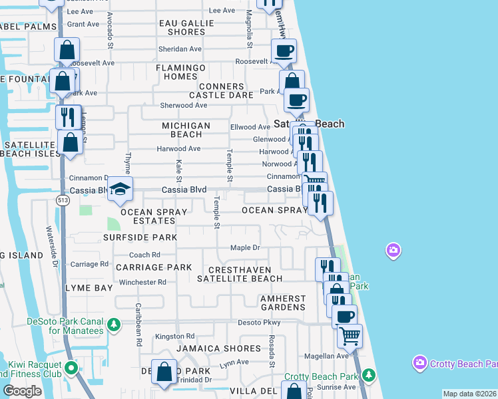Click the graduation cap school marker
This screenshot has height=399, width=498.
(120, 189)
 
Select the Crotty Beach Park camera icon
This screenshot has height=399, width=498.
(419, 363)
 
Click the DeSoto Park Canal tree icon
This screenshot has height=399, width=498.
(114, 325)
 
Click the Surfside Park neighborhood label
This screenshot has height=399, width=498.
(140, 237)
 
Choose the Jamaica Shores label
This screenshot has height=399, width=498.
(218, 348)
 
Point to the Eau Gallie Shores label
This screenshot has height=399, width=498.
(186, 27)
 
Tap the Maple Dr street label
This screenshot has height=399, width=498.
(245, 248)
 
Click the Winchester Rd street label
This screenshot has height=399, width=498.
(142, 283)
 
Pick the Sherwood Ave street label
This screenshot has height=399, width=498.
(184, 105)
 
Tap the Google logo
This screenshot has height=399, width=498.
(22, 390)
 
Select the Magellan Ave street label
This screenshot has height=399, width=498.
(333, 356)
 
